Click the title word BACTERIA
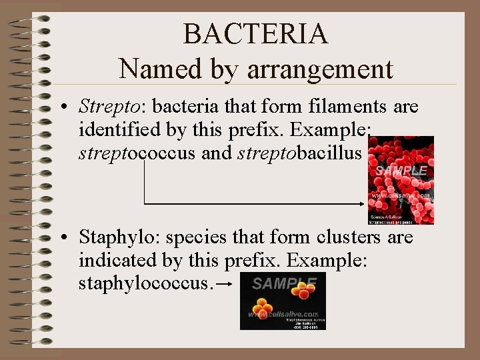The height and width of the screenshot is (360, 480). [255, 34]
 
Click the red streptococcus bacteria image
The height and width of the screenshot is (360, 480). [400, 180]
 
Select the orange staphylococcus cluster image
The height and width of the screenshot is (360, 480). [283, 301]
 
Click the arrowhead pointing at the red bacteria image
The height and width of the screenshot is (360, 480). [363, 203]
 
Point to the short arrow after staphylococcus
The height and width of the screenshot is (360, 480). [225, 285]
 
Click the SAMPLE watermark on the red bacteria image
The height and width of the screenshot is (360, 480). [400, 171]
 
